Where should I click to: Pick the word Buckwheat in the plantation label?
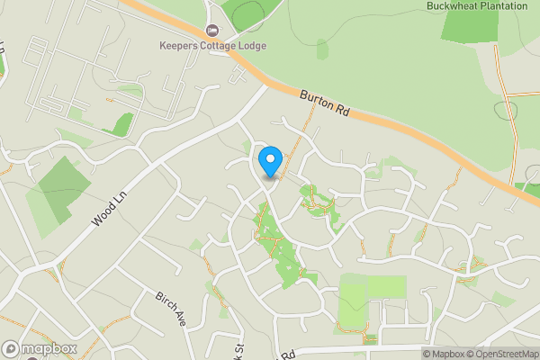click(x=454, y=5)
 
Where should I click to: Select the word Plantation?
click(x=507, y=5)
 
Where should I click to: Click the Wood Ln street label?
click(x=109, y=211)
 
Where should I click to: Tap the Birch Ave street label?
click(x=170, y=309)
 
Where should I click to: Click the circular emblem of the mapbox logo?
click(x=12, y=348)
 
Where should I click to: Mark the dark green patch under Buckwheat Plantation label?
click(x=469, y=26)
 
